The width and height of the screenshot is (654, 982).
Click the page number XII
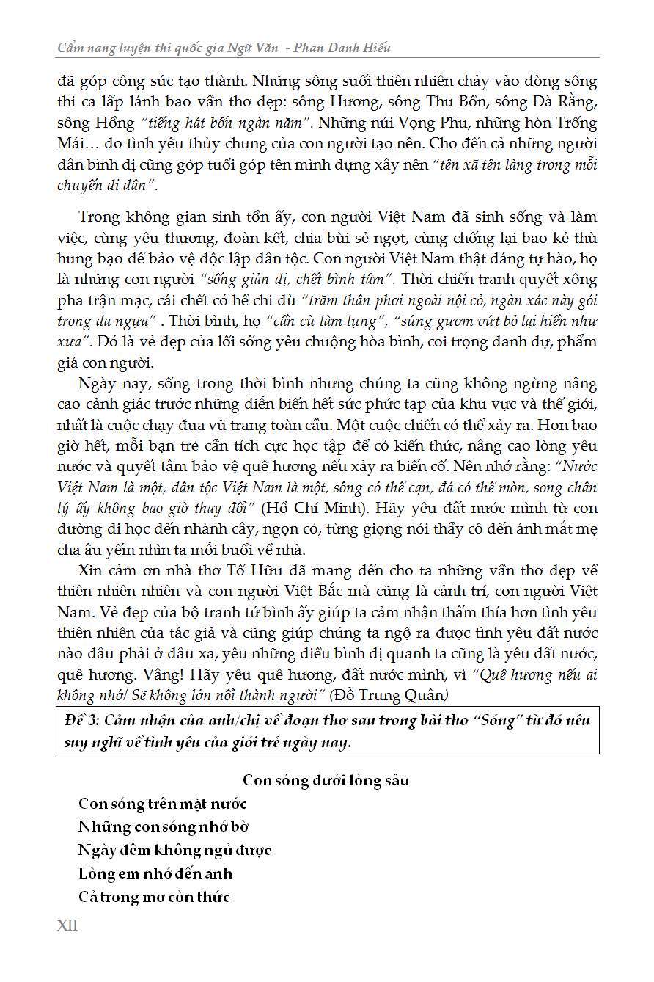[x=67, y=925]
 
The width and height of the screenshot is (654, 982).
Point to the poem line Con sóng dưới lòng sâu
[x=326, y=780]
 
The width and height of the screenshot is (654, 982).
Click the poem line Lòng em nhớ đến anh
[x=155, y=873]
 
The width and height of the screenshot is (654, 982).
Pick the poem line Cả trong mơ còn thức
[x=154, y=897]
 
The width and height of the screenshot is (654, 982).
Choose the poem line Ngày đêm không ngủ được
[x=174, y=850]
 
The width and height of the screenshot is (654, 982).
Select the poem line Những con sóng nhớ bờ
[x=164, y=826]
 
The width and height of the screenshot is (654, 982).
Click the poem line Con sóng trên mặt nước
[x=163, y=804]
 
